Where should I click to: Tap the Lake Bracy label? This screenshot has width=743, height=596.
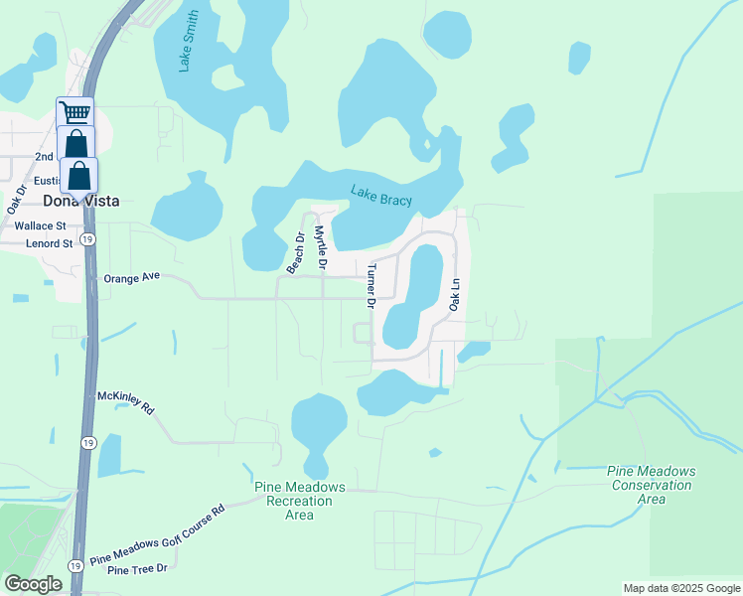pyautogui.click(x=381, y=198)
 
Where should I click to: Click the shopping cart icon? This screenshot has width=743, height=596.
pyautogui.click(x=74, y=111)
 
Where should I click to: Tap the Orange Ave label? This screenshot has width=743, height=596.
pyautogui.click(x=131, y=279)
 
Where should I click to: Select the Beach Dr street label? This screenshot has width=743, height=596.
pyautogui.click(x=294, y=253)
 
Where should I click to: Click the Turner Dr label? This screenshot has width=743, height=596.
pyautogui.click(x=370, y=286)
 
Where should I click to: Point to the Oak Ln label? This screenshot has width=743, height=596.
pyautogui.click(x=455, y=294)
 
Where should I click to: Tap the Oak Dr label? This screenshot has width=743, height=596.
pyautogui.click(x=16, y=200)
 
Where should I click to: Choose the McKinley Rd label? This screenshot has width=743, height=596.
pyautogui.click(x=126, y=401)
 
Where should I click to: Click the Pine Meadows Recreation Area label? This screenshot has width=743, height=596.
pyautogui.click(x=299, y=501)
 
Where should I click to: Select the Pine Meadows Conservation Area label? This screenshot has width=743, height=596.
pyautogui.click(x=652, y=485)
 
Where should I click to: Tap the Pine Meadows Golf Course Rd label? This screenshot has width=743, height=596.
pyautogui.click(x=158, y=537)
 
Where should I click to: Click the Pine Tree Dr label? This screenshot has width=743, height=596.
pyautogui.click(x=137, y=569)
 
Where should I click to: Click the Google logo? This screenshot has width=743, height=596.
pyautogui.click(x=34, y=584)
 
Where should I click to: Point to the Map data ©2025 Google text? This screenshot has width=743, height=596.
pyautogui.click(x=680, y=588)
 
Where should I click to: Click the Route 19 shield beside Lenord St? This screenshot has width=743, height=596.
pyautogui.click(x=88, y=239)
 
